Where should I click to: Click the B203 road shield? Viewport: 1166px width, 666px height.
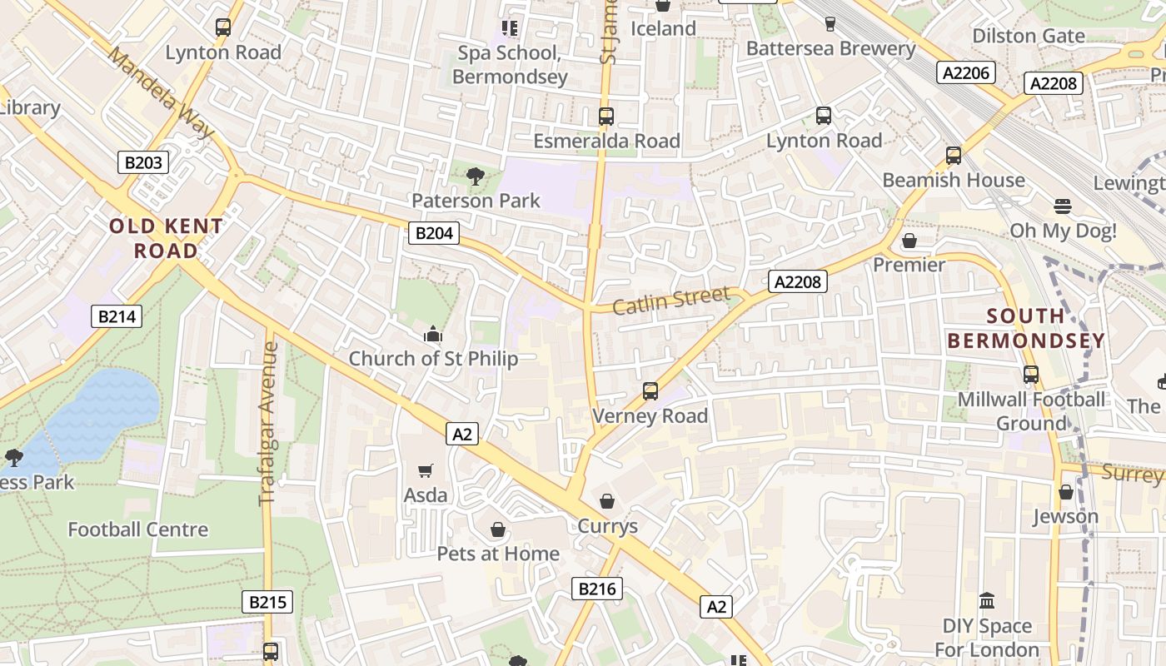[142, 162]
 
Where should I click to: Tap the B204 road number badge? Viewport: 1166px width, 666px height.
[434, 233]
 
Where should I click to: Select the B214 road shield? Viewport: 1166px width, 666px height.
[116, 316]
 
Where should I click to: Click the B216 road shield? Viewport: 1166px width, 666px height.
[597, 589]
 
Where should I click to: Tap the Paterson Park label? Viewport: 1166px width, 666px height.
[476, 201]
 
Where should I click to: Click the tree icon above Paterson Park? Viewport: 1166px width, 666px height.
[476, 176]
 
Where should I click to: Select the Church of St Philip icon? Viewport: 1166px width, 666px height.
[433, 335]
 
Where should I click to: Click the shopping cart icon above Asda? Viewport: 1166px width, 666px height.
[426, 471]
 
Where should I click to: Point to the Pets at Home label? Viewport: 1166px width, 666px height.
[498, 554]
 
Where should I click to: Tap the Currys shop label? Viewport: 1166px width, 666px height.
[608, 526]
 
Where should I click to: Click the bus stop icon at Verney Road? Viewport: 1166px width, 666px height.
[650, 390]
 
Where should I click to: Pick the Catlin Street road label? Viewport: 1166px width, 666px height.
[671, 301]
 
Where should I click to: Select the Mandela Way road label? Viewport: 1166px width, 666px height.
[161, 92]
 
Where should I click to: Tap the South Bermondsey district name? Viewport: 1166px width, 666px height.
[1026, 328]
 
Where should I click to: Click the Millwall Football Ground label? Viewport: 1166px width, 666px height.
[1031, 411]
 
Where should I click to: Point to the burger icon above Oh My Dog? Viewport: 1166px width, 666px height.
[1062, 206]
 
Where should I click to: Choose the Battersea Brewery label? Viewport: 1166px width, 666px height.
[830, 48]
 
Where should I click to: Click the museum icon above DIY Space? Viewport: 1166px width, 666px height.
[987, 600]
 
